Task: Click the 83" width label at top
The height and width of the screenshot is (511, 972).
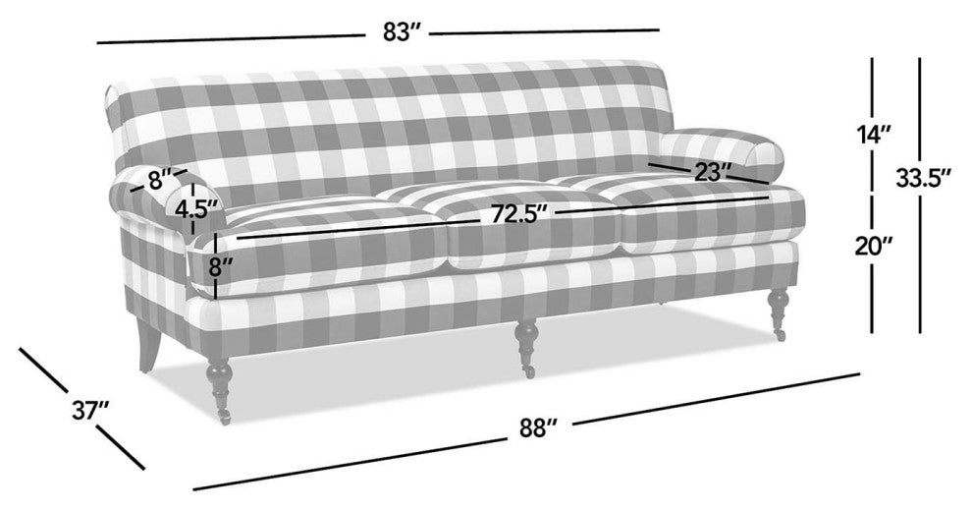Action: pyautogui.click(x=398, y=32)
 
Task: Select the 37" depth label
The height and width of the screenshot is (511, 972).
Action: pyautogui.click(x=89, y=411)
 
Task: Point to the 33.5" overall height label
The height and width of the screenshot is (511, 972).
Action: pyautogui.click(x=923, y=179)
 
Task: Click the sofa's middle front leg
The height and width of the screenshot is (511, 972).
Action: pyautogui.click(x=526, y=348)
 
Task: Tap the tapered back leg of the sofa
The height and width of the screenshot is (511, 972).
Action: pyautogui.click(x=149, y=347)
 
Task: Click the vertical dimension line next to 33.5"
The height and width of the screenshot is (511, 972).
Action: pyautogui.click(x=919, y=196)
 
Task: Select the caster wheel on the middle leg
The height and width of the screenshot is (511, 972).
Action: pyautogui.click(x=529, y=371)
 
